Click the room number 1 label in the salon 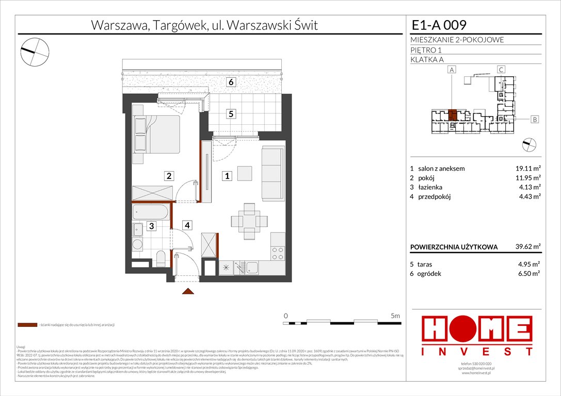tap(227, 176)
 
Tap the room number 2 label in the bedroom tap(168, 176)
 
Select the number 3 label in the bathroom tap(152, 225)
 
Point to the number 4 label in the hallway tap(188, 225)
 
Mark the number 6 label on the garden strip tap(232, 82)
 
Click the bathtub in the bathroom tap(151, 212)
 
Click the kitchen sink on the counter tap(252, 267)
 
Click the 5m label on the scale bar tap(395, 315)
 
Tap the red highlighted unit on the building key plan tap(452, 114)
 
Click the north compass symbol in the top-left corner tap(34, 50)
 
